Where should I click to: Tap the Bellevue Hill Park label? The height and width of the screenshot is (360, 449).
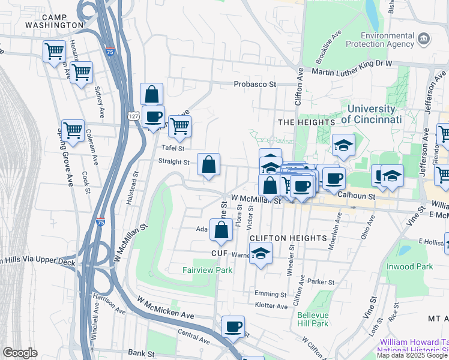click(x=313, y=319)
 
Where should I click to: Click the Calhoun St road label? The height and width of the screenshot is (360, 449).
click(x=356, y=196)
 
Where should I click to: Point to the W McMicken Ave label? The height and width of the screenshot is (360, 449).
click(x=166, y=307)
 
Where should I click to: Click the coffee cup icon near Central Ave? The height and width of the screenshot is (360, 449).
click(x=233, y=327)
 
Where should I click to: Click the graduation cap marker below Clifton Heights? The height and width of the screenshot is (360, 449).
click(x=261, y=253)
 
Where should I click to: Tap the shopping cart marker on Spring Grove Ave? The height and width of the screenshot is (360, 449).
click(x=73, y=130)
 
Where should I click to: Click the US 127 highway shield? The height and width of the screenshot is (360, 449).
click(x=134, y=115)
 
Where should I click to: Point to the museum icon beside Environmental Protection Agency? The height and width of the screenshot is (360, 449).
click(x=424, y=40)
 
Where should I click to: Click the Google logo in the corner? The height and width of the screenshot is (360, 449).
click(x=20, y=353)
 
